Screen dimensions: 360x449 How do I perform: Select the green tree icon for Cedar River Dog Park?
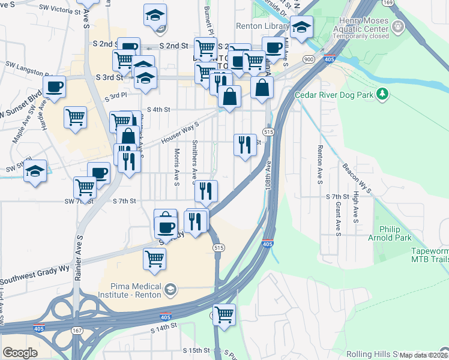381,94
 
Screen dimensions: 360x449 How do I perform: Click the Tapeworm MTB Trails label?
430,255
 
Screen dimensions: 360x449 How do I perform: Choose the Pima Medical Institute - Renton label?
127,290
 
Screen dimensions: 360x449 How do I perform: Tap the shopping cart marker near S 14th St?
224,314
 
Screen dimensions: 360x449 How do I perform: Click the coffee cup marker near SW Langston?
54,86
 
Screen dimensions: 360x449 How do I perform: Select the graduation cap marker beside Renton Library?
301,27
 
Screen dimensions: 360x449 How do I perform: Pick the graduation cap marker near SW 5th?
35,170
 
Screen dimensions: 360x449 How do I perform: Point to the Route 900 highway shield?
309,59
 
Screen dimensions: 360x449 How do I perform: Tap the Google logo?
20,352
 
